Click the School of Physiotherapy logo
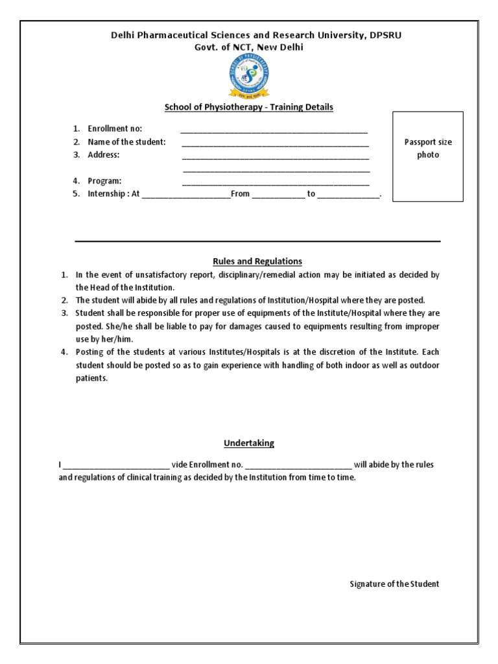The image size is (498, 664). click(x=249, y=77)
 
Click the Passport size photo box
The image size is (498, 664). click(x=427, y=156)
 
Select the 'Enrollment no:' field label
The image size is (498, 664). click(x=115, y=128)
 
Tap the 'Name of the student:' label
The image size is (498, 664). click(x=126, y=141)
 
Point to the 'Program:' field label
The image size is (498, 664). click(x=104, y=181)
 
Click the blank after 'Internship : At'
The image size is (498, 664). click(x=185, y=195)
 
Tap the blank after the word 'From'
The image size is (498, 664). click(x=278, y=195)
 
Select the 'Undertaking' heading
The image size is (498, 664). click(x=249, y=444)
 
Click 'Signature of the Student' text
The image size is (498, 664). click(x=394, y=584)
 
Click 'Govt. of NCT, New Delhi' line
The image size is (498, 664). click(x=248, y=47)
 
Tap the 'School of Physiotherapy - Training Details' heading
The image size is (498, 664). click(x=249, y=107)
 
